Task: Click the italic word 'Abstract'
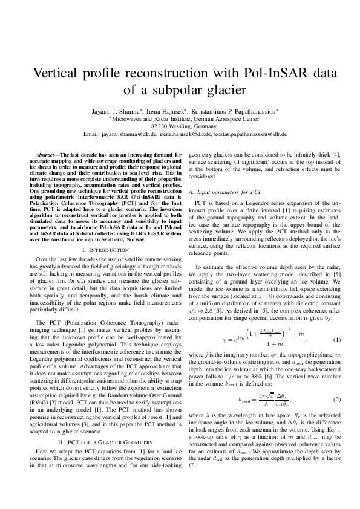click(47, 155)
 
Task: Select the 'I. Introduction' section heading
click(102, 250)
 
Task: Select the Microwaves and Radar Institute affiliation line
click(180, 119)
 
